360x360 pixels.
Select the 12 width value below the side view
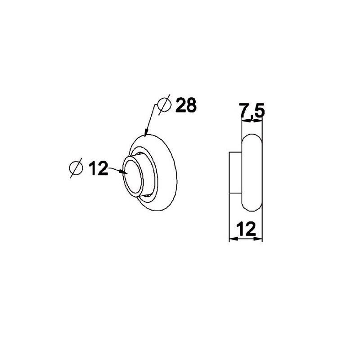[x=246, y=229]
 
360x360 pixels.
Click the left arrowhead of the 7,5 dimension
[x=244, y=121]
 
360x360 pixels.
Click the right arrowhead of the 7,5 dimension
[x=260, y=121]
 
